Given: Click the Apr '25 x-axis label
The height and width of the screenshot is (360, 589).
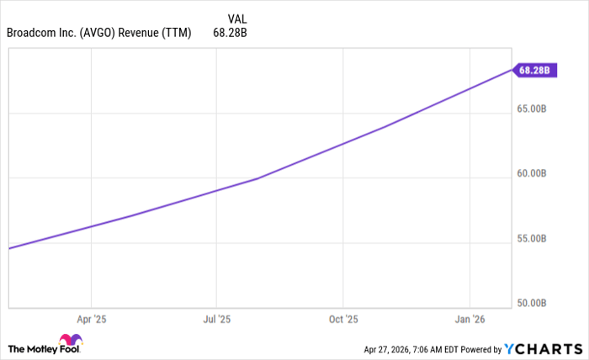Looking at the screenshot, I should [91, 320].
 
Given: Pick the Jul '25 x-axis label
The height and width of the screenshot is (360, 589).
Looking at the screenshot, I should [217, 320].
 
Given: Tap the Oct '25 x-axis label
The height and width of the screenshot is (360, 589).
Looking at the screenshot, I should [343, 320].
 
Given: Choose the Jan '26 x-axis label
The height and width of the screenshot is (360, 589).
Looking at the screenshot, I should [470, 320].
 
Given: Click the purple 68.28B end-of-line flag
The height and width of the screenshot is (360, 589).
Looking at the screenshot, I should [533, 71].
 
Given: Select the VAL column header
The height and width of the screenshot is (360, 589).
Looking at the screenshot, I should [238, 18].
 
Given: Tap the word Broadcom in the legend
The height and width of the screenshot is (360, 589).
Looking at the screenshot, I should [32, 33].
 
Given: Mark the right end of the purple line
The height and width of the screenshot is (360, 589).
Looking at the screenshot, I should [511, 69].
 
